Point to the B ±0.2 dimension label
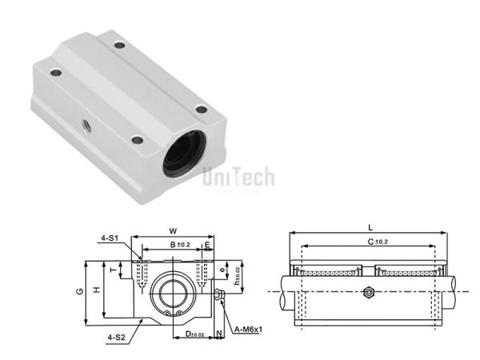pyautogui.click(x=178, y=244)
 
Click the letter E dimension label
pyautogui.click(x=206, y=245)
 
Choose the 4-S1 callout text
pyautogui.click(x=110, y=237)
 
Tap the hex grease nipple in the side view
pyautogui.click(x=369, y=292)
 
